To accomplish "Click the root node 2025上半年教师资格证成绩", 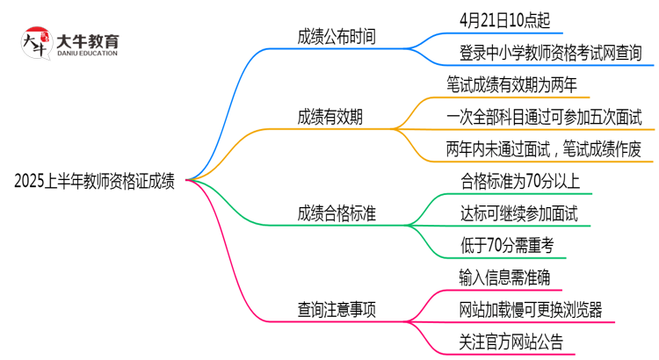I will [x=95, y=182].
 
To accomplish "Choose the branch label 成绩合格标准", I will [x=338, y=213].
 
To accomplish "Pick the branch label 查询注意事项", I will [x=338, y=310].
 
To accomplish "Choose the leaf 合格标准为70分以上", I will [x=519, y=182].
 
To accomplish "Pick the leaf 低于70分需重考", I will [x=506, y=245].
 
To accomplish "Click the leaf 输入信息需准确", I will [x=504, y=277].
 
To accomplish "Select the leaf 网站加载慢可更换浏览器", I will [x=530, y=310].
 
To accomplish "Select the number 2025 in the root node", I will [x=32, y=182].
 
